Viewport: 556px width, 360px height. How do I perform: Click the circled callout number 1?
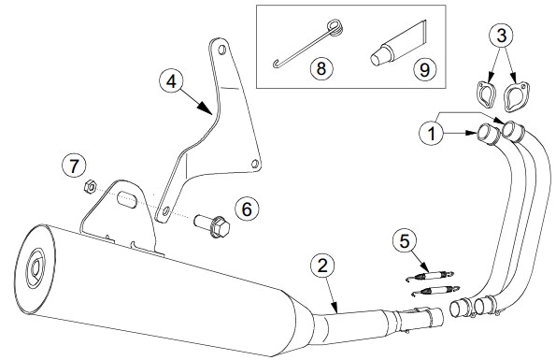coord(431,134)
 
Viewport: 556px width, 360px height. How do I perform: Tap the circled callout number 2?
coord(322,266)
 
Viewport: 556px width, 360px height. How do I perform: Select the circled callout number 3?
coord(502,36)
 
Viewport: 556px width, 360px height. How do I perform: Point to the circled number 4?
coord(171,81)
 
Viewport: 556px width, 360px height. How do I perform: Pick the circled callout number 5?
coord(405,241)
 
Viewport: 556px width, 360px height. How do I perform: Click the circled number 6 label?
coord(247,209)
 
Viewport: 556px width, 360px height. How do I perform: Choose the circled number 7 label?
coord(74,166)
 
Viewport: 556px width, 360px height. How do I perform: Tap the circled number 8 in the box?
coord(321,67)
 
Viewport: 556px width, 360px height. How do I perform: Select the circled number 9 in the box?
coord(424,69)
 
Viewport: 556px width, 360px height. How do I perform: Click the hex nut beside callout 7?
coord(90,186)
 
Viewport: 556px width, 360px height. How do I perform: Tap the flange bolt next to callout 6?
coord(212,226)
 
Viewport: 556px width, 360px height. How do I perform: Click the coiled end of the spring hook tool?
coord(335,28)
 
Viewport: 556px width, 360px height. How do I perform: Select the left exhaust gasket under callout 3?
coord(485,94)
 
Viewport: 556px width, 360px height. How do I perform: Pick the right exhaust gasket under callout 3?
coord(516,97)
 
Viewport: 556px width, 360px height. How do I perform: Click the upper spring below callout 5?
coord(430,275)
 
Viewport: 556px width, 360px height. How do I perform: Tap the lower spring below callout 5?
coord(435,291)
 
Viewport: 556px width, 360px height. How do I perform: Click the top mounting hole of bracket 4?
coord(222,50)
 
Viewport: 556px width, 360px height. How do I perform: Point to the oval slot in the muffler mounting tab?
coord(127,199)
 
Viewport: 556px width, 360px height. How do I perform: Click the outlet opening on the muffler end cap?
coord(36,268)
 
